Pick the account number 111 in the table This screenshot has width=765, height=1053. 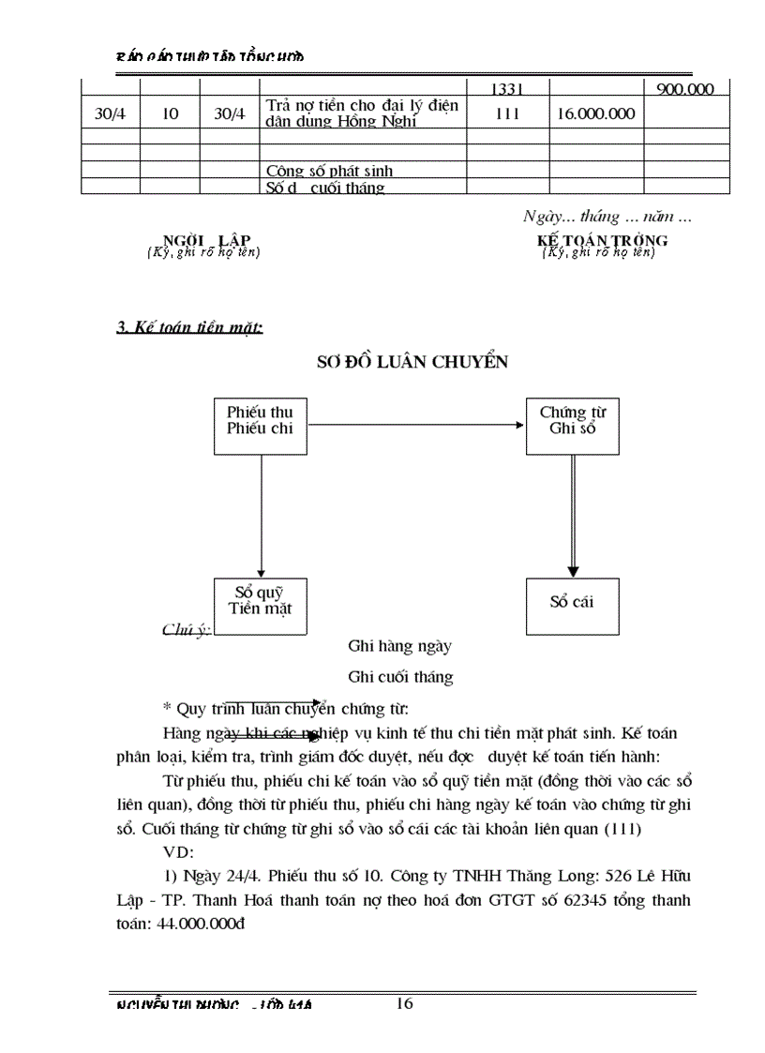coord(506,113)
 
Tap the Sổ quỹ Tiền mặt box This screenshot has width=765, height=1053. coord(260,600)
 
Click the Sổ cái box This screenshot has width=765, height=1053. coord(571,601)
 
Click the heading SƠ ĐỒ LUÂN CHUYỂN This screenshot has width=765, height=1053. coord(414,363)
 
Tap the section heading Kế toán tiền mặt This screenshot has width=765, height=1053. coord(188,327)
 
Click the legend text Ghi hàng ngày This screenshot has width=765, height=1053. coord(400,646)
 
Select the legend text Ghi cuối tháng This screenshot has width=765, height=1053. coord(400,676)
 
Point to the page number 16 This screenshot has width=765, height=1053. coord(404,1004)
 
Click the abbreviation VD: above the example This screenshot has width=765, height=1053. coord(177,852)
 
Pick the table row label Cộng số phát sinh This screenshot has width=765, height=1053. coord(329,171)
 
